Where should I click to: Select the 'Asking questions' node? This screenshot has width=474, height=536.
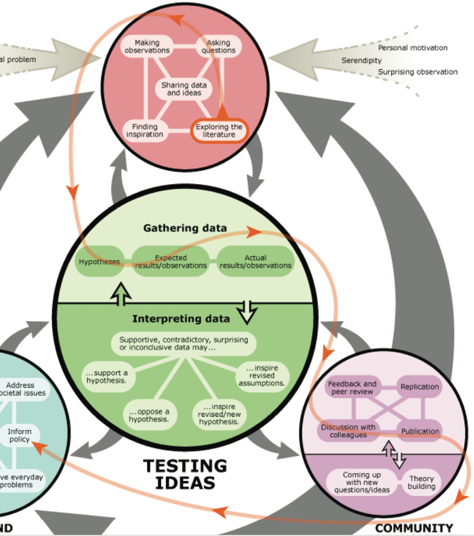tap(219, 47)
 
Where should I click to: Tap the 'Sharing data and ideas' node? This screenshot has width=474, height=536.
tap(184, 89)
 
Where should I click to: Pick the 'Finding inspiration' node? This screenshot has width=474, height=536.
tap(144, 131)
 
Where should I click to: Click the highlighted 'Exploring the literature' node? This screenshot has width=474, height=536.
tap(219, 131)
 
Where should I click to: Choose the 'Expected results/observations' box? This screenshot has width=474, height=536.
tap(170, 262)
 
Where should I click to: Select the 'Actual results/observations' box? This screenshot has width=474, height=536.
tap(255, 262)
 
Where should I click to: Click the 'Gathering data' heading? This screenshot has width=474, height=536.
tap(185, 228)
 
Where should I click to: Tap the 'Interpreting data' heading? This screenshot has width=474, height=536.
tap(181, 318)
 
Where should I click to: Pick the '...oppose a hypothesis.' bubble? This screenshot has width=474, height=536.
tap(149, 415)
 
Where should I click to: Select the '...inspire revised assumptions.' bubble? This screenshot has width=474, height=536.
tap(262, 376)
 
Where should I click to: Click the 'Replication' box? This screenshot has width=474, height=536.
tap(420, 387)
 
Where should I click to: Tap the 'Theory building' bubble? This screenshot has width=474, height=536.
tap(422, 482)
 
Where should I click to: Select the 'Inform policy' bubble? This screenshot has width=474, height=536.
tap(19, 436)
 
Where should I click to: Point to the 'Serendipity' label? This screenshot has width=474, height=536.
tap(361, 61)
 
